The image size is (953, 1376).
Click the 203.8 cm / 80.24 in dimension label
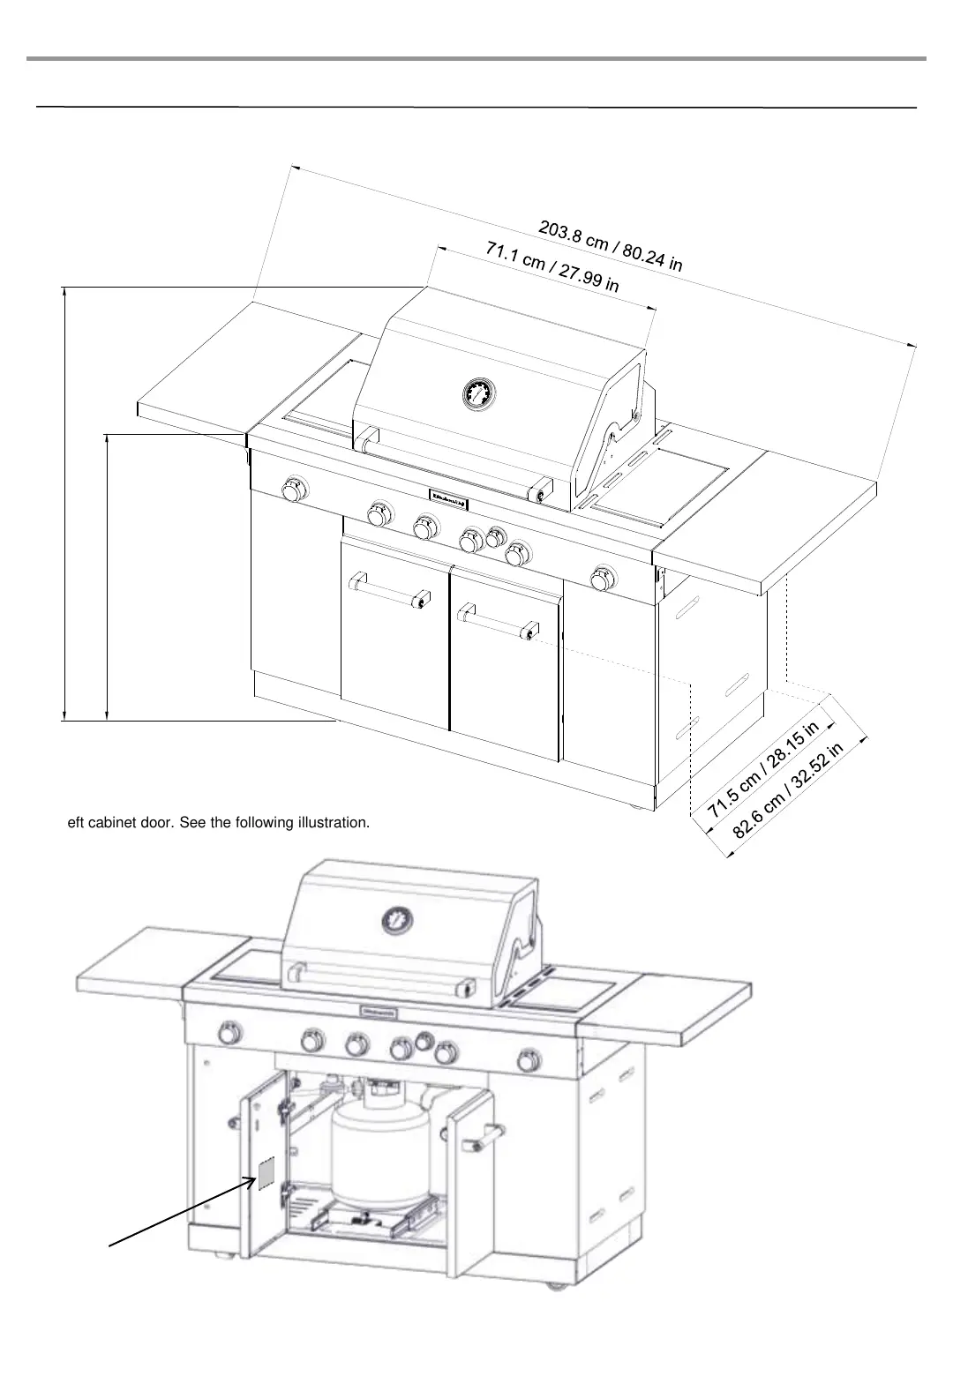(611, 246)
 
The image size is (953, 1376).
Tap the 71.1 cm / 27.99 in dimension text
(552, 265)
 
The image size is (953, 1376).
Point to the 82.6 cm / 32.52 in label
(788, 789)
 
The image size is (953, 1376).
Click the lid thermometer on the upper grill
(477, 393)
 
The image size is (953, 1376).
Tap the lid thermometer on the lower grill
(397, 921)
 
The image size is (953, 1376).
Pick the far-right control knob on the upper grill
(604, 578)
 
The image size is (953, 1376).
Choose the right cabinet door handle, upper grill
(496, 619)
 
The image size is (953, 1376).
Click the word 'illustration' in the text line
(326, 823)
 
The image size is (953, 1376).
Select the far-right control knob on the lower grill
(530, 1058)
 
